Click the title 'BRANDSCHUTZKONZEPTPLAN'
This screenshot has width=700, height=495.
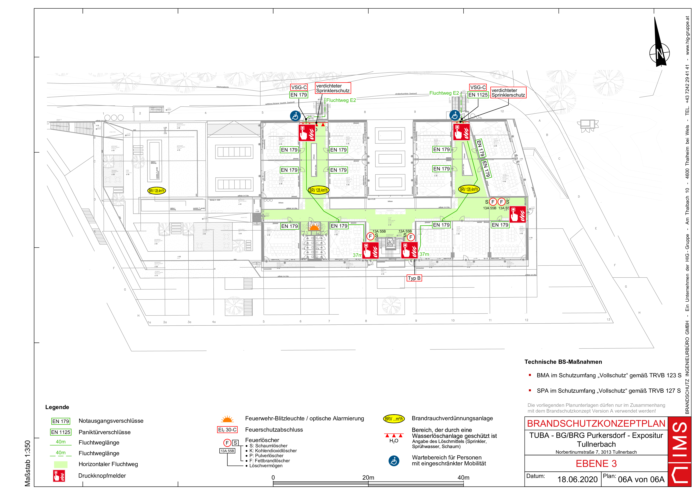596,424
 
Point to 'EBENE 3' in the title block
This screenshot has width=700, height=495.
596,464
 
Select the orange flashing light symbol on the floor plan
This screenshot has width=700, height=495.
314,227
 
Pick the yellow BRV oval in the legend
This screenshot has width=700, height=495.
394,419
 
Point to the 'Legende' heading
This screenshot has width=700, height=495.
57,407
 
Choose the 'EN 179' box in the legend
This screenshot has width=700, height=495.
61,421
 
